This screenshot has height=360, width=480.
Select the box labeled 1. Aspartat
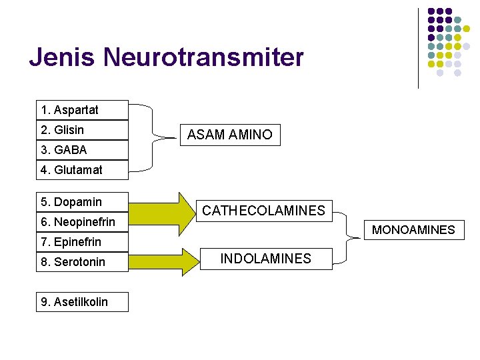pyautogui.click(x=82, y=110)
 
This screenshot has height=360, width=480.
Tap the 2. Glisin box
pyautogui.click(x=82, y=130)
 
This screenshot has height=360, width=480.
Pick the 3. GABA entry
pyautogui.click(x=82, y=150)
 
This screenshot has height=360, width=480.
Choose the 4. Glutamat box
pyautogui.click(x=82, y=170)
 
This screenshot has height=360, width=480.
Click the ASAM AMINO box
pyautogui.click(x=230, y=135)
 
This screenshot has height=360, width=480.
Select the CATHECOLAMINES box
pyautogui.click(x=264, y=211)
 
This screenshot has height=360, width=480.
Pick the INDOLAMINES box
pyautogui.click(x=266, y=259)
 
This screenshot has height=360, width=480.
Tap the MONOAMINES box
pyautogui.click(x=413, y=230)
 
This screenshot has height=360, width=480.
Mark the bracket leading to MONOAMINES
pyautogui.click(x=347, y=235)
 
